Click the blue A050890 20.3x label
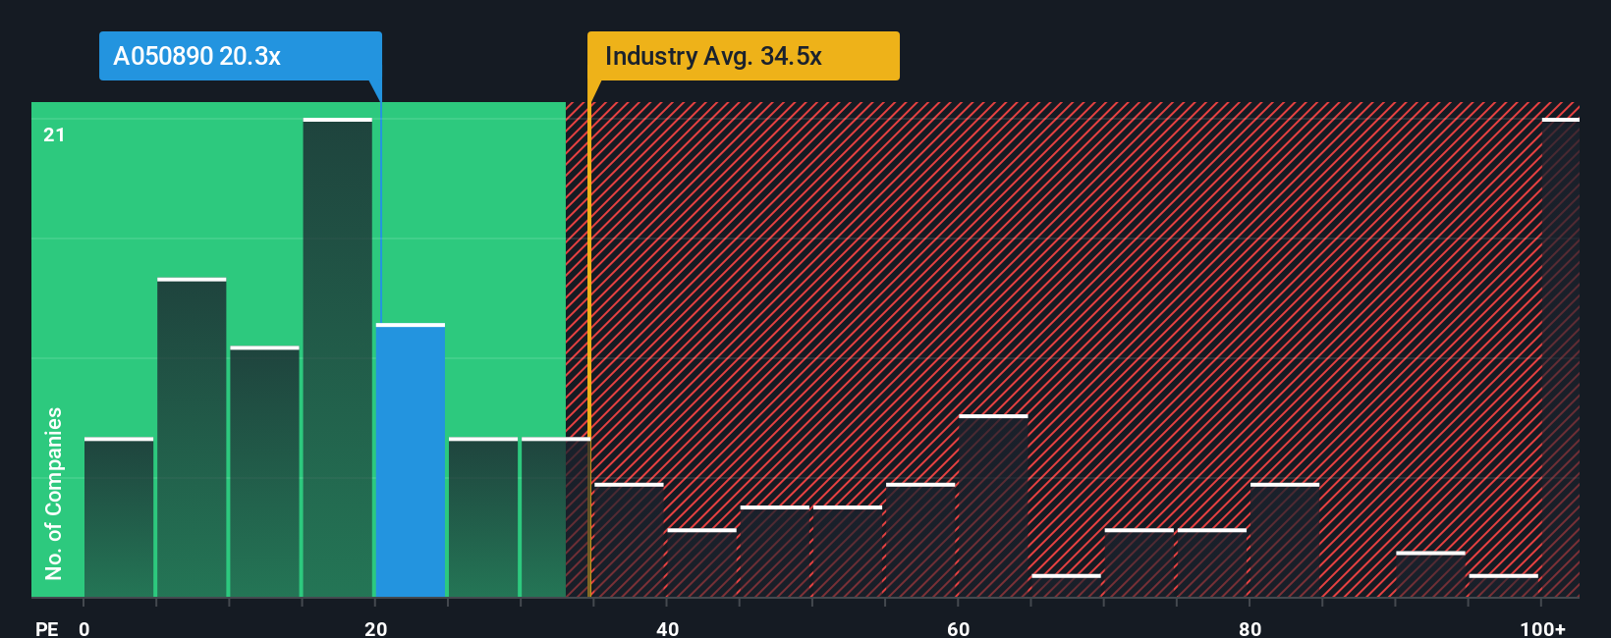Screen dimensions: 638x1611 (x=240, y=56)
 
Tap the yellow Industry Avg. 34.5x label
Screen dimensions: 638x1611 (x=743, y=56)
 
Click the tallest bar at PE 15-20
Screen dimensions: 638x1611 (x=338, y=357)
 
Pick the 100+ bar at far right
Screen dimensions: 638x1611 (x=1560, y=357)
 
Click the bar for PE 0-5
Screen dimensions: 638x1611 (x=119, y=517)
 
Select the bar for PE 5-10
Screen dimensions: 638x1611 (x=192, y=438)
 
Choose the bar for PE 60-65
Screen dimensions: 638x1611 (x=993, y=505)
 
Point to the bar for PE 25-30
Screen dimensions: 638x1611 (x=483, y=517)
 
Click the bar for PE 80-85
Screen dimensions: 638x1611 (x=1285, y=540)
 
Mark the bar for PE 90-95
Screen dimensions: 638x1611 (x=1430, y=574)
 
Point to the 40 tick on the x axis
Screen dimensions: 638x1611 (x=667, y=628)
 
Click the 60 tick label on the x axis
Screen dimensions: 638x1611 (x=959, y=628)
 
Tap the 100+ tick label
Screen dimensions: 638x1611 (x=1542, y=628)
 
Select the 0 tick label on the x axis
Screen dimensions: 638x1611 (x=84, y=628)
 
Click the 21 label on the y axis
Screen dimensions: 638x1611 (x=54, y=134)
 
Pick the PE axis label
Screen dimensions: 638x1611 (x=46, y=628)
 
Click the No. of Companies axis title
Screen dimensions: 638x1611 (x=54, y=493)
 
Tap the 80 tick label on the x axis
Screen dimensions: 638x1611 (x=1250, y=628)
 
